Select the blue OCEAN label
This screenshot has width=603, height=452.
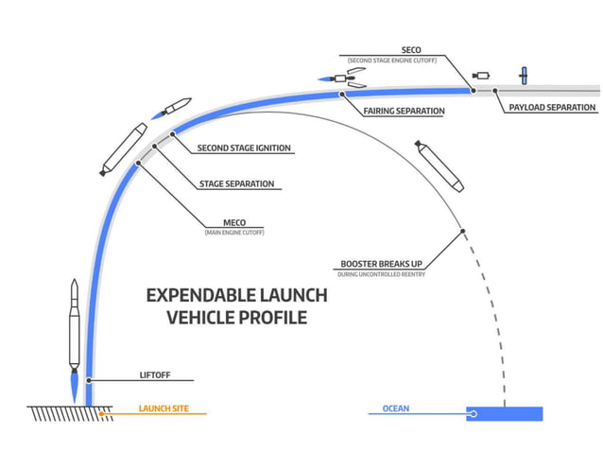click(x=396, y=409)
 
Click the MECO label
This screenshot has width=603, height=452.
click(x=234, y=223)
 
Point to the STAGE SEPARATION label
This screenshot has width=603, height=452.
click(x=236, y=183)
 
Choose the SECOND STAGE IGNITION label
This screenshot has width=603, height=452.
click(x=244, y=148)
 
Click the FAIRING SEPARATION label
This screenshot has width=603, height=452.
click(x=404, y=111)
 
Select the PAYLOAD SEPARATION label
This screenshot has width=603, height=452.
click(x=552, y=108)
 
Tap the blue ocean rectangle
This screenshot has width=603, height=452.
click(x=505, y=413)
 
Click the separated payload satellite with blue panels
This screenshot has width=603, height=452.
click(x=520, y=75)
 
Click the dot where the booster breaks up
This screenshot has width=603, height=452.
click(x=461, y=231)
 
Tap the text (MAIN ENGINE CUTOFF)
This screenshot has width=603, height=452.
click(x=234, y=233)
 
